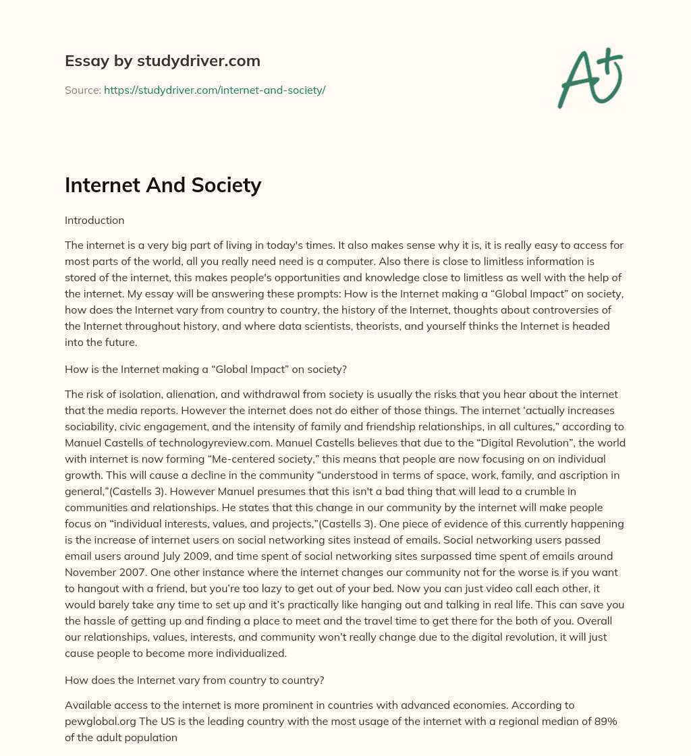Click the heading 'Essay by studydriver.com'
pos(162,61)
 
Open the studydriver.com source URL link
pos(215,90)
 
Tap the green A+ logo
pos(589,78)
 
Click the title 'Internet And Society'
pos(163,184)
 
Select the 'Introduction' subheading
pos(94,220)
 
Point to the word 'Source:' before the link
pos(82,90)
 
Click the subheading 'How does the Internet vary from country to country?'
pos(194,680)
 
